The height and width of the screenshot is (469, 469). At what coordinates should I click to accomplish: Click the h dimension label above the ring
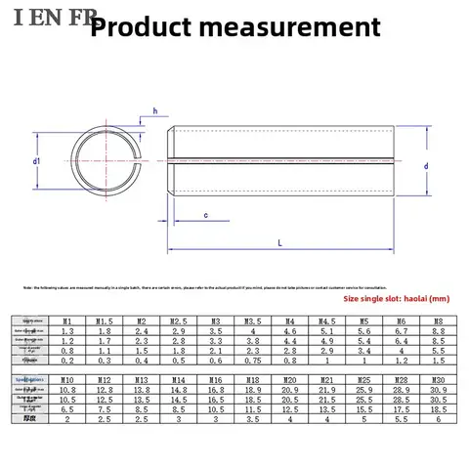coord(154,110)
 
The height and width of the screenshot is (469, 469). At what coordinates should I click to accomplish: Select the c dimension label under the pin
coord(206,215)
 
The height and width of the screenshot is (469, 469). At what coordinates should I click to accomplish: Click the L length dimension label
coord(281,240)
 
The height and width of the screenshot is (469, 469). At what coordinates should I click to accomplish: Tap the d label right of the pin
coord(427,166)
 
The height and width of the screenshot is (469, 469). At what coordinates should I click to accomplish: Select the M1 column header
coord(66,320)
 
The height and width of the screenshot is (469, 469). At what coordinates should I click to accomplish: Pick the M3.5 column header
coord(251,320)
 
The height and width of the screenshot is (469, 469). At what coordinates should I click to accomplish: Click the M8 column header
coord(436,320)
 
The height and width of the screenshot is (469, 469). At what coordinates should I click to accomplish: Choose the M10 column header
coord(66,378)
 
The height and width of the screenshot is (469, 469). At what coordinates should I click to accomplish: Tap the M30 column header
coord(436,378)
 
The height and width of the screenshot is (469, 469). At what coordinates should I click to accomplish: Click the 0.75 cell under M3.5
coord(251,361)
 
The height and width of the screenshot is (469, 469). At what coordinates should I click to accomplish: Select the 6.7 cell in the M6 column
coord(399,331)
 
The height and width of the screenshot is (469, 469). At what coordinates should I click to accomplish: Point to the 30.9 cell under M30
coord(436,390)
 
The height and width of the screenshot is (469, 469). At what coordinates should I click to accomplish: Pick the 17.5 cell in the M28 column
coord(399,410)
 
